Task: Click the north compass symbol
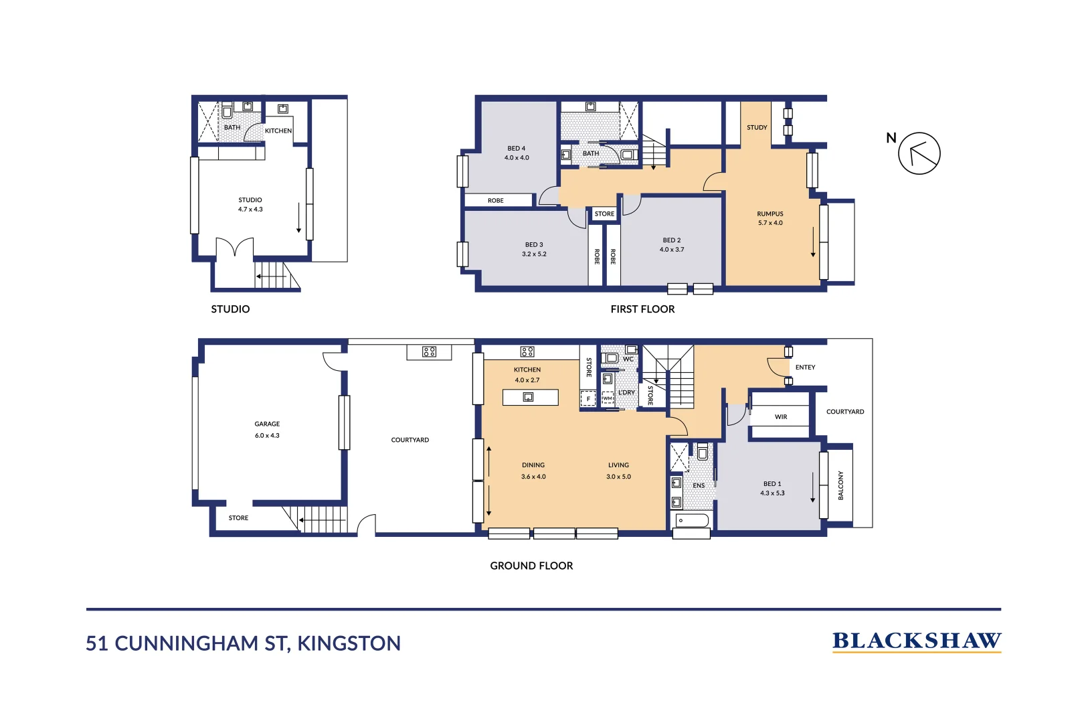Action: click(x=919, y=153)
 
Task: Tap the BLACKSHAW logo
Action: click(x=916, y=641)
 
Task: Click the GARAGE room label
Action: click(x=267, y=424)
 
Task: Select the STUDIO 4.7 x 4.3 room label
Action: click(x=250, y=205)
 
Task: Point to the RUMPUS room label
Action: click(x=770, y=214)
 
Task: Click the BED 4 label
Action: click(x=516, y=149)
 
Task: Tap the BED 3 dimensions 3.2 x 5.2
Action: click(x=534, y=254)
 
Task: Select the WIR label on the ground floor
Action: click(x=781, y=417)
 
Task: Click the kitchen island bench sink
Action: click(x=528, y=397)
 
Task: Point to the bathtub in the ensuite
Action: click(x=691, y=520)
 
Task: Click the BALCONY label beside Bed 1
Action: click(x=841, y=485)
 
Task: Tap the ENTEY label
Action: click(x=805, y=368)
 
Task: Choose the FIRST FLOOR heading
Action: click(x=642, y=309)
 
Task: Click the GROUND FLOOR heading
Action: click(x=531, y=566)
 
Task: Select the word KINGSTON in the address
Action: click(x=349, y=643)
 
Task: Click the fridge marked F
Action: click(x=588, y=399)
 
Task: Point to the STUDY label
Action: click(x=757, y=127)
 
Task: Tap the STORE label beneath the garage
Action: click(x=238, y=518)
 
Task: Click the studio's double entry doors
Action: click(x=235, y=248)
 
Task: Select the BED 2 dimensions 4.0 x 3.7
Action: click(x=672, y=250)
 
